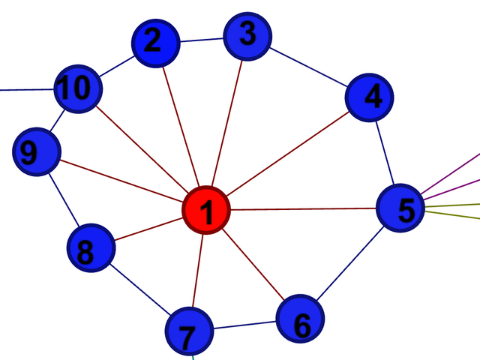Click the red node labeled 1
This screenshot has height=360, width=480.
[206, 210]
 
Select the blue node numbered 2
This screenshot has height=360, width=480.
[156, 43]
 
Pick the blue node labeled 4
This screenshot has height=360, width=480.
[369, 97]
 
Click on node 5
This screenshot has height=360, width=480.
[399, 208]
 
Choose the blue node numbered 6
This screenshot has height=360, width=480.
[300, 319]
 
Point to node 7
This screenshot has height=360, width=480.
[189, 331]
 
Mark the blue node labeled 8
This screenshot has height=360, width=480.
[91, 249]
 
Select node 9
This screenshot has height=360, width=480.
[36, 151]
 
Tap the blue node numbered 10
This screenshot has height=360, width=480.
[77, 89]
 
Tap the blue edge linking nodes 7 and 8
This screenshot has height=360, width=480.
[139, 289]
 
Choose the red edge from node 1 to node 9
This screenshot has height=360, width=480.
[120, 180]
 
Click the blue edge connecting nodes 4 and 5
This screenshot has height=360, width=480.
[384, 152]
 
